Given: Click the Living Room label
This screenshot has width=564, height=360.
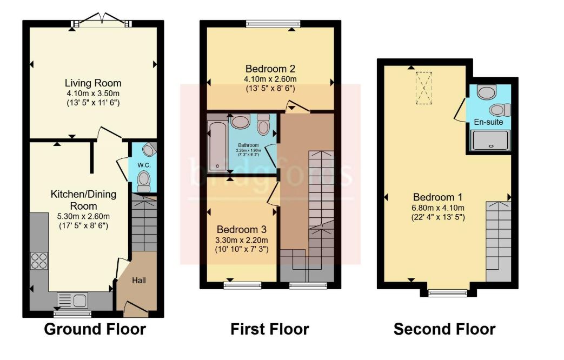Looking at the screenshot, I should tap(93, 83).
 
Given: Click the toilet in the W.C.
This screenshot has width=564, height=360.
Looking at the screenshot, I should tap(143, 181).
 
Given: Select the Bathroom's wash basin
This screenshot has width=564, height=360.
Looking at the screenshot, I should tap(240, 122).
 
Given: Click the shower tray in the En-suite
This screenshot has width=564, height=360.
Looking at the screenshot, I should tap(490, 141).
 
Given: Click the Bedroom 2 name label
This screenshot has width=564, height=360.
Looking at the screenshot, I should tap(270, 69).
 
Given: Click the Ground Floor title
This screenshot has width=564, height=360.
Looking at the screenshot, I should tap(95, 329).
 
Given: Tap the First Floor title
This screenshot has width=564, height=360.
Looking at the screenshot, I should tap(270, 329).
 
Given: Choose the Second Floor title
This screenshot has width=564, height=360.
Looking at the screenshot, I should tap(444, 329).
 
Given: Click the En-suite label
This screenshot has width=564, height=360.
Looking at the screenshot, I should tap(489, 122).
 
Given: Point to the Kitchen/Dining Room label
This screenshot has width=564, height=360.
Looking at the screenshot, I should tap(83, 200).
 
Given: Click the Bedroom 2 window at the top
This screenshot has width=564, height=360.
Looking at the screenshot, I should tap(273, 23).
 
